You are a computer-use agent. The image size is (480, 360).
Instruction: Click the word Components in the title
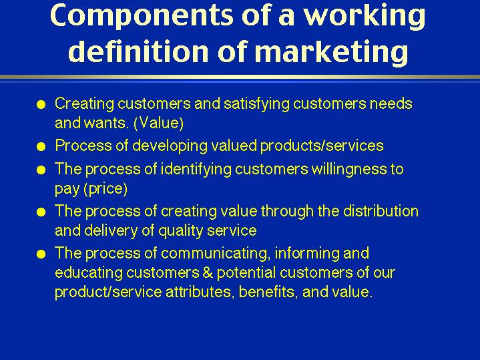[x=142, y=16]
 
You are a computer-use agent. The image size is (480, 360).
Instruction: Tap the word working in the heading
[x=365, y=16]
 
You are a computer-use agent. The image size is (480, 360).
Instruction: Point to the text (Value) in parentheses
[x=159, y=123]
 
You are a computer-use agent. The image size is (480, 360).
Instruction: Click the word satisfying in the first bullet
[x=256, y=104]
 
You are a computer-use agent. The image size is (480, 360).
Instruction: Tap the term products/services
[x=322, y=146]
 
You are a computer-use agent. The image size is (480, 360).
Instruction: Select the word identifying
[x=196, y=170]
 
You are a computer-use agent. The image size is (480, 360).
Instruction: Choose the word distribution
[x=381, y=211]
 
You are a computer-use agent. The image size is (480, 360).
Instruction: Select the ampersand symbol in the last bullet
[x=208, y=273]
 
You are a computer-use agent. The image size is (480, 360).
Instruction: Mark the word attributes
[x=200, y=292]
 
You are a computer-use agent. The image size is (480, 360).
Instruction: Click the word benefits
[x=268, y=292]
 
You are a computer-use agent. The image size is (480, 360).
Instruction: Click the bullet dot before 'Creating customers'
[x=41, y=105]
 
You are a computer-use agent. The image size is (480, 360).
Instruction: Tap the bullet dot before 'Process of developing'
[x=41, y=147]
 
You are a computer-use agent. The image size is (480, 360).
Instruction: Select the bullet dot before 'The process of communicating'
[x=41, y=254]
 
